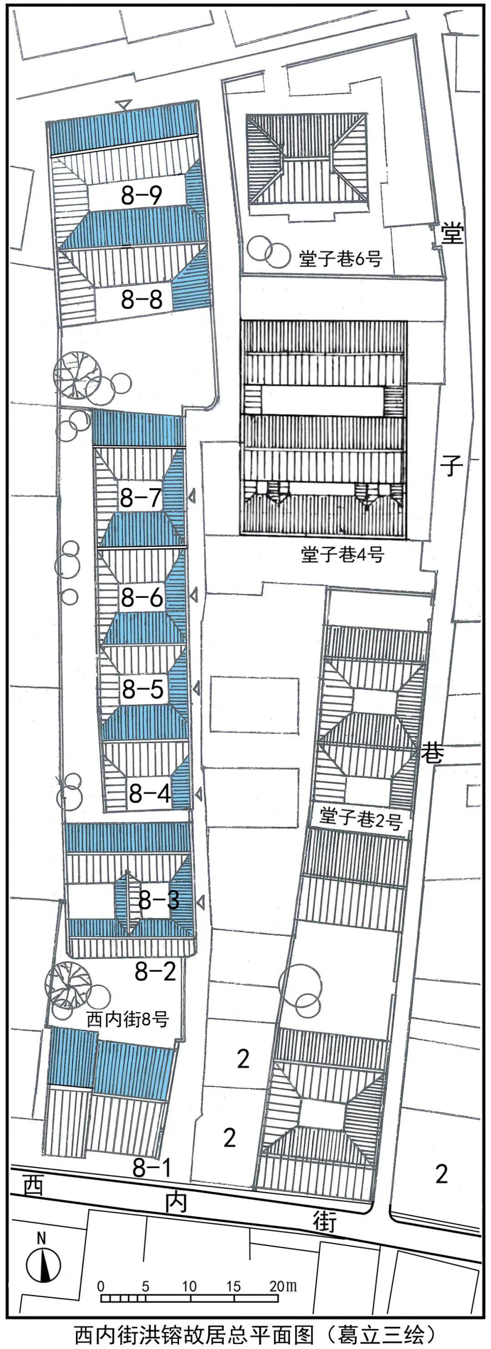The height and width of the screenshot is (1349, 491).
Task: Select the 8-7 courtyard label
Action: click(140, 497)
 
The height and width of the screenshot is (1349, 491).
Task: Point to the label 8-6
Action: click(142, 597)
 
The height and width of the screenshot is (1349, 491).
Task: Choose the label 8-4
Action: click(150, 794)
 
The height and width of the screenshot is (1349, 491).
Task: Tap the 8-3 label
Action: click(158, 900)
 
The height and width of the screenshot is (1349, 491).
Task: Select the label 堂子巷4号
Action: click(343, 554)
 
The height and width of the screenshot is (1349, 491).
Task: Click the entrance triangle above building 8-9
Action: click(124, 104)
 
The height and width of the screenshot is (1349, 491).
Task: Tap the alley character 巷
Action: click(433, 754)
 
